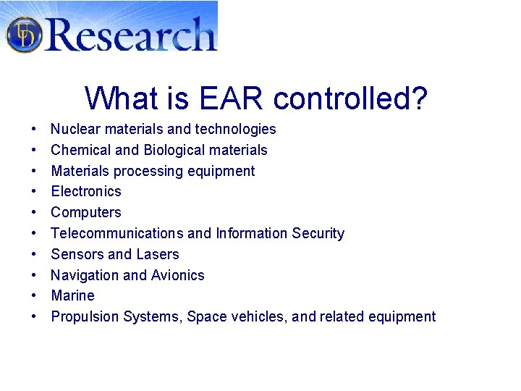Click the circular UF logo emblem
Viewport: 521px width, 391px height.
(24, 34)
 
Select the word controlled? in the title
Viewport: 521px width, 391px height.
(350, 98)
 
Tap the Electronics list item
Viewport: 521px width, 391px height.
(86, 191)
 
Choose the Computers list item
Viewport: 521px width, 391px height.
(86, 212)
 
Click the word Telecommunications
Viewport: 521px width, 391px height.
(117, 233)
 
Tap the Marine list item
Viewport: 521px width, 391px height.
(72, 295)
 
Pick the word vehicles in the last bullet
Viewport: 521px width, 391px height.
(260, 316)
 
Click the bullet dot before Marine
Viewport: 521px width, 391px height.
(34, 296)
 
